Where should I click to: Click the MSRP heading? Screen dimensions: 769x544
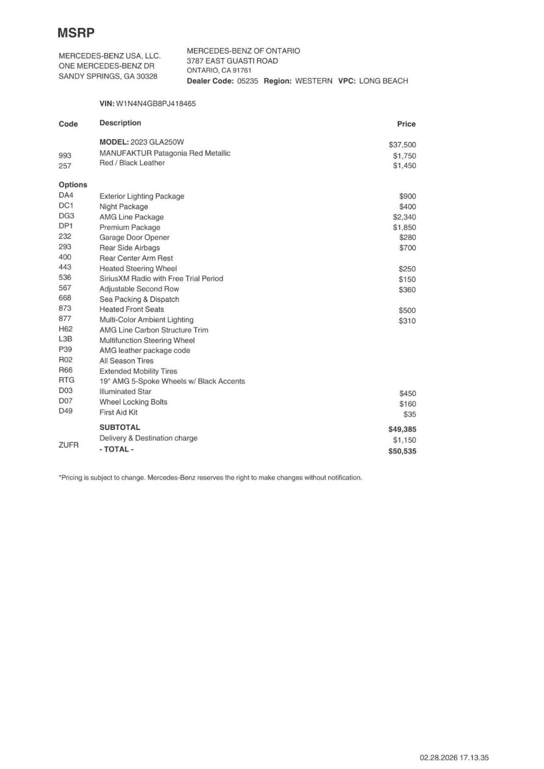(76, 33)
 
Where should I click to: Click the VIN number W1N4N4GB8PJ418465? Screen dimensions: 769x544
(156, 104)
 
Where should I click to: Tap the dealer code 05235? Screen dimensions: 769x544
(248, 81)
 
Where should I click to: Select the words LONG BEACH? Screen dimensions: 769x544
(384, 81)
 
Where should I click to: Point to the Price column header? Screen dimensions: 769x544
(406, 124)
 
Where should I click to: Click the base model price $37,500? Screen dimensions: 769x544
(402, 145)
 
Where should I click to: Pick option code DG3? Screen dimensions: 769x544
(66, 216)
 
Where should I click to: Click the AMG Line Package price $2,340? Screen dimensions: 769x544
(404, 217)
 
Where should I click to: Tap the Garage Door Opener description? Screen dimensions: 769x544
(134, 237)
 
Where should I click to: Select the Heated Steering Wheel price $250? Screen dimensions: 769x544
(407, 269)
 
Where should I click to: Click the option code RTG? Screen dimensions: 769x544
(66, 380)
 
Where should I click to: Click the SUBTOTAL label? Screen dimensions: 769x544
(120, 427)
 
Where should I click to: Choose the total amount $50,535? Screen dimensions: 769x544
(402, 451)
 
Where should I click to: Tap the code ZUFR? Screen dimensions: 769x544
(69, 445)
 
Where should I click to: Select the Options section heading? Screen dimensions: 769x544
(73, 185)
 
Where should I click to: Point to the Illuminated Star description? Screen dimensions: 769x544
(125, 392)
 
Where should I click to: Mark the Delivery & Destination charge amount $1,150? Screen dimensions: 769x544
(404, 440)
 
